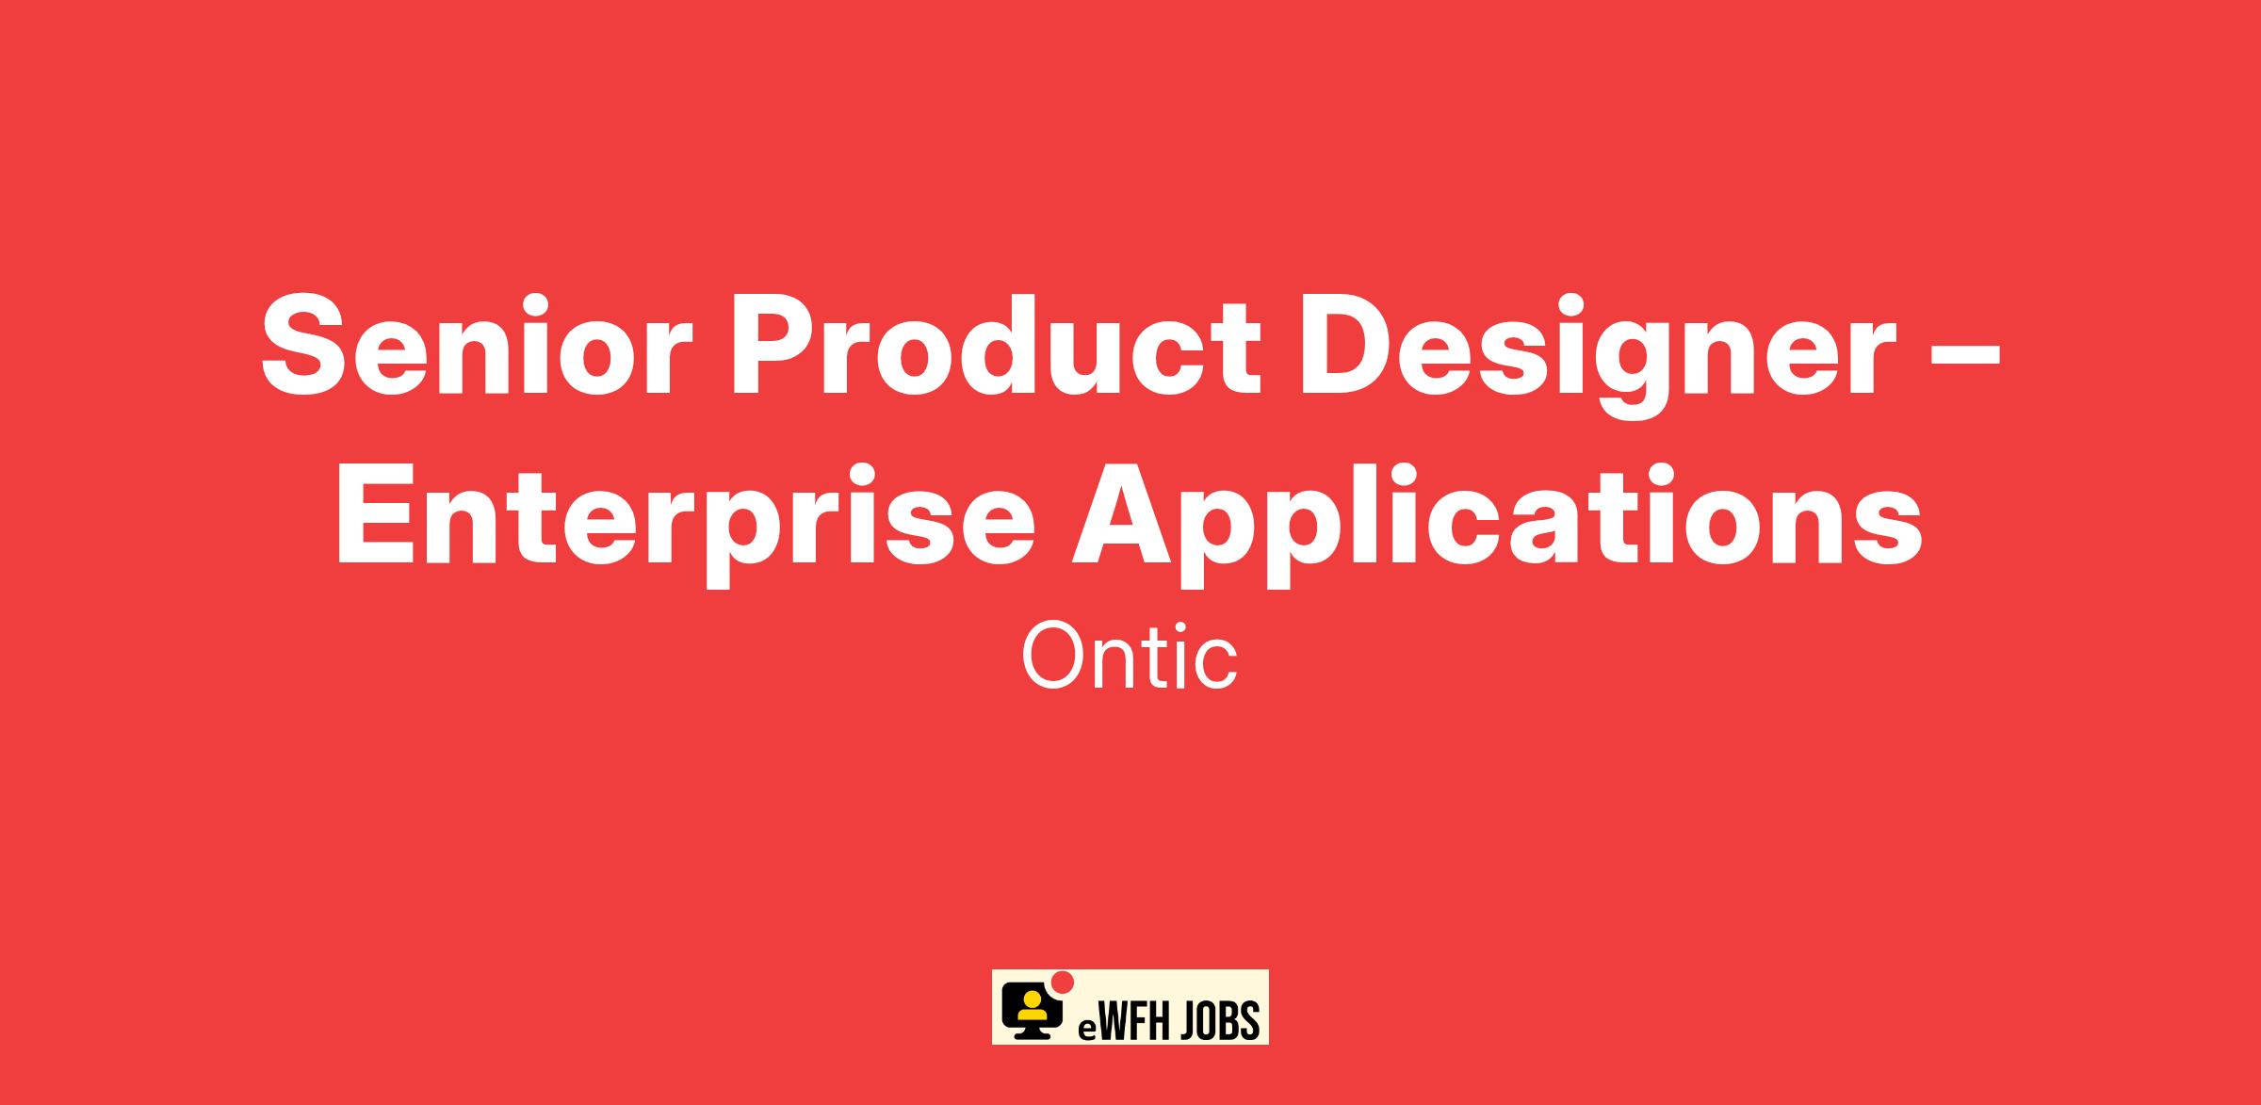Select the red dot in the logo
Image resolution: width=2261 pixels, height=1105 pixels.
[x=1063, y=982]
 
